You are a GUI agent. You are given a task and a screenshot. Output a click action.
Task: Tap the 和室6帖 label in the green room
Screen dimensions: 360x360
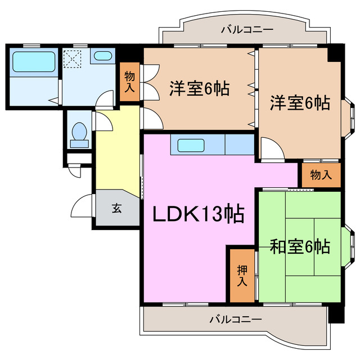(299, 246)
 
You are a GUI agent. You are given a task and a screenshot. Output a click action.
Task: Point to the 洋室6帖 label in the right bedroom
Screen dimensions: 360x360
(299, 103)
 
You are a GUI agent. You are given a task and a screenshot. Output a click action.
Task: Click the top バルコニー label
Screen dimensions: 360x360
(247, 29)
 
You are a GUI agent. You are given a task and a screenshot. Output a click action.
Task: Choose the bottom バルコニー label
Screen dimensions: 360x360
(236, 319)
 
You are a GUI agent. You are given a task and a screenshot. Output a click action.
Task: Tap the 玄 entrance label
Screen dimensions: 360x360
(116, 208)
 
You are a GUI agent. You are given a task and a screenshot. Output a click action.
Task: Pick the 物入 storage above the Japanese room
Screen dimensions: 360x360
(321, 175)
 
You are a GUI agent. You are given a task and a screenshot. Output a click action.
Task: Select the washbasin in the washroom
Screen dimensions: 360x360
(102, 56)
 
